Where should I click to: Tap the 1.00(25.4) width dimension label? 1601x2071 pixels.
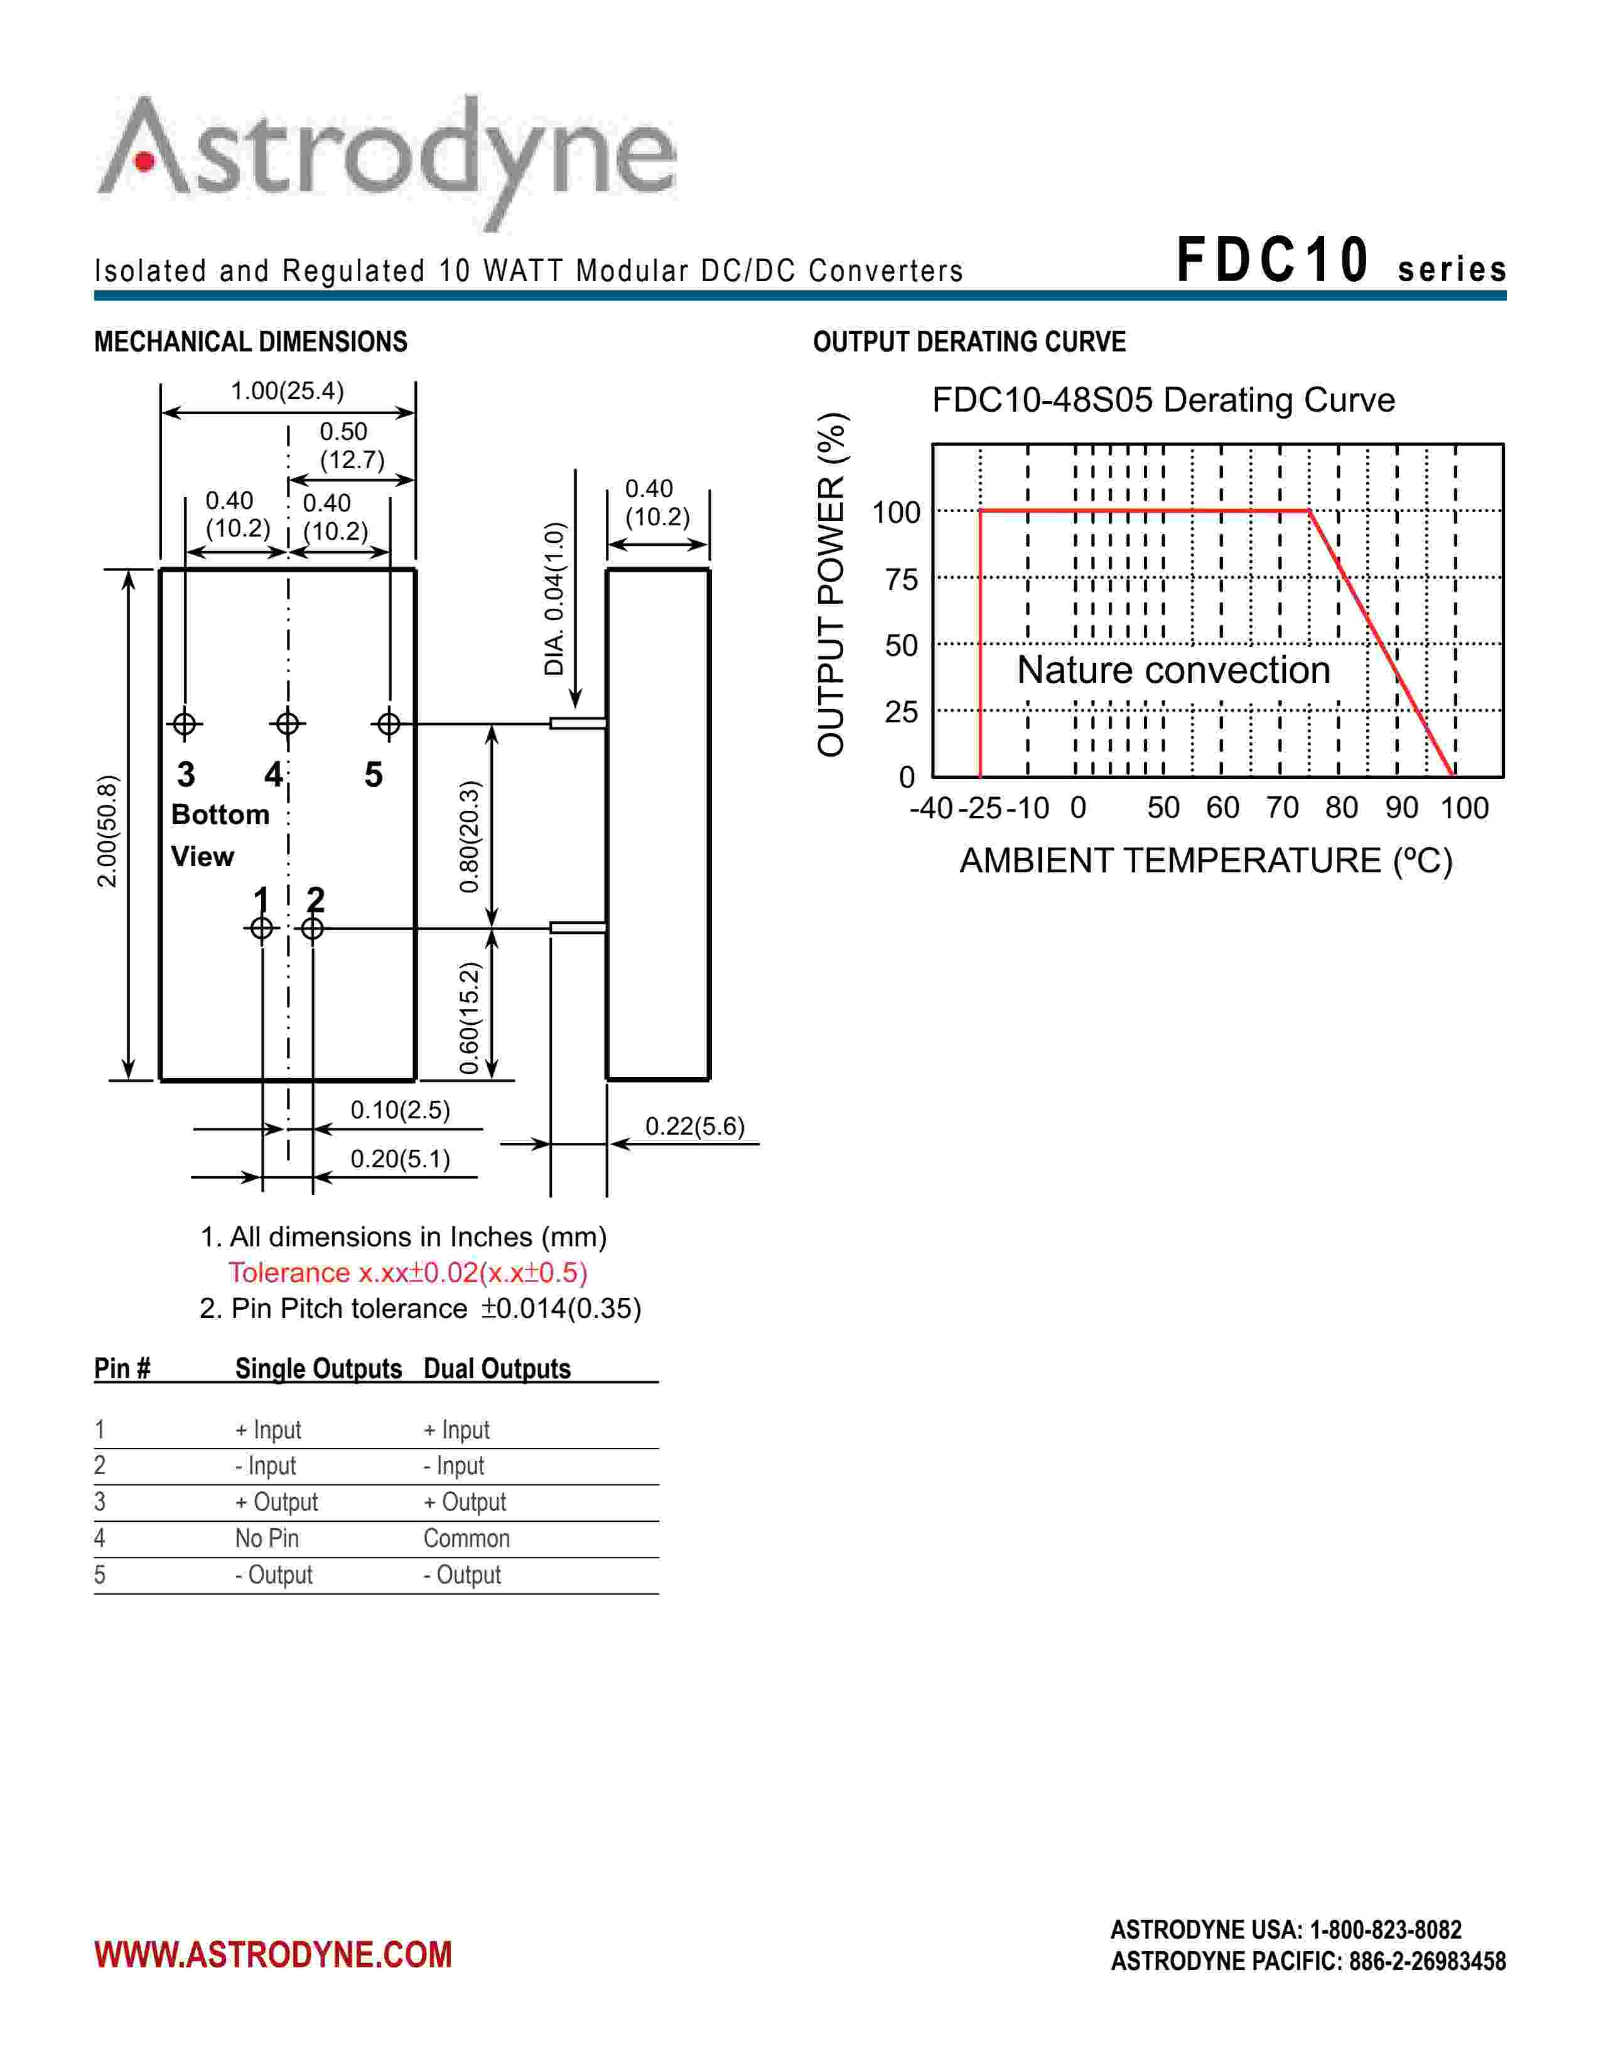[288, 391]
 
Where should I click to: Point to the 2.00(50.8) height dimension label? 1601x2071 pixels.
[107, 831]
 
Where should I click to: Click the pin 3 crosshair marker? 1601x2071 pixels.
[185, 724]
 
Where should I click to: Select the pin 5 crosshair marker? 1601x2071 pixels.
[389, 724]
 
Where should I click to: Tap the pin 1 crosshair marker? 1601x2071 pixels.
[262, 928]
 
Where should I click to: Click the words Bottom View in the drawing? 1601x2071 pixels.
[220, 835]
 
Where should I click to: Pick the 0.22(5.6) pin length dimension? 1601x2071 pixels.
[695, 1126]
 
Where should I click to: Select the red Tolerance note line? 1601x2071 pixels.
[408, 1273]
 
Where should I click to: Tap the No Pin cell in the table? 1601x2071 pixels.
[266, 1538]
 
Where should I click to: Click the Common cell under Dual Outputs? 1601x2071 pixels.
[466, 1538]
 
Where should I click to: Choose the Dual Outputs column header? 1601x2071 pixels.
[497, 1368]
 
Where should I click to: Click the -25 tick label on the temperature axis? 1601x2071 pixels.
[981, 808]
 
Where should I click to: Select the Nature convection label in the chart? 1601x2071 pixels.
[1173, 670]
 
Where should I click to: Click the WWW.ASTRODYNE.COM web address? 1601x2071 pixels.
[273, 1954]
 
